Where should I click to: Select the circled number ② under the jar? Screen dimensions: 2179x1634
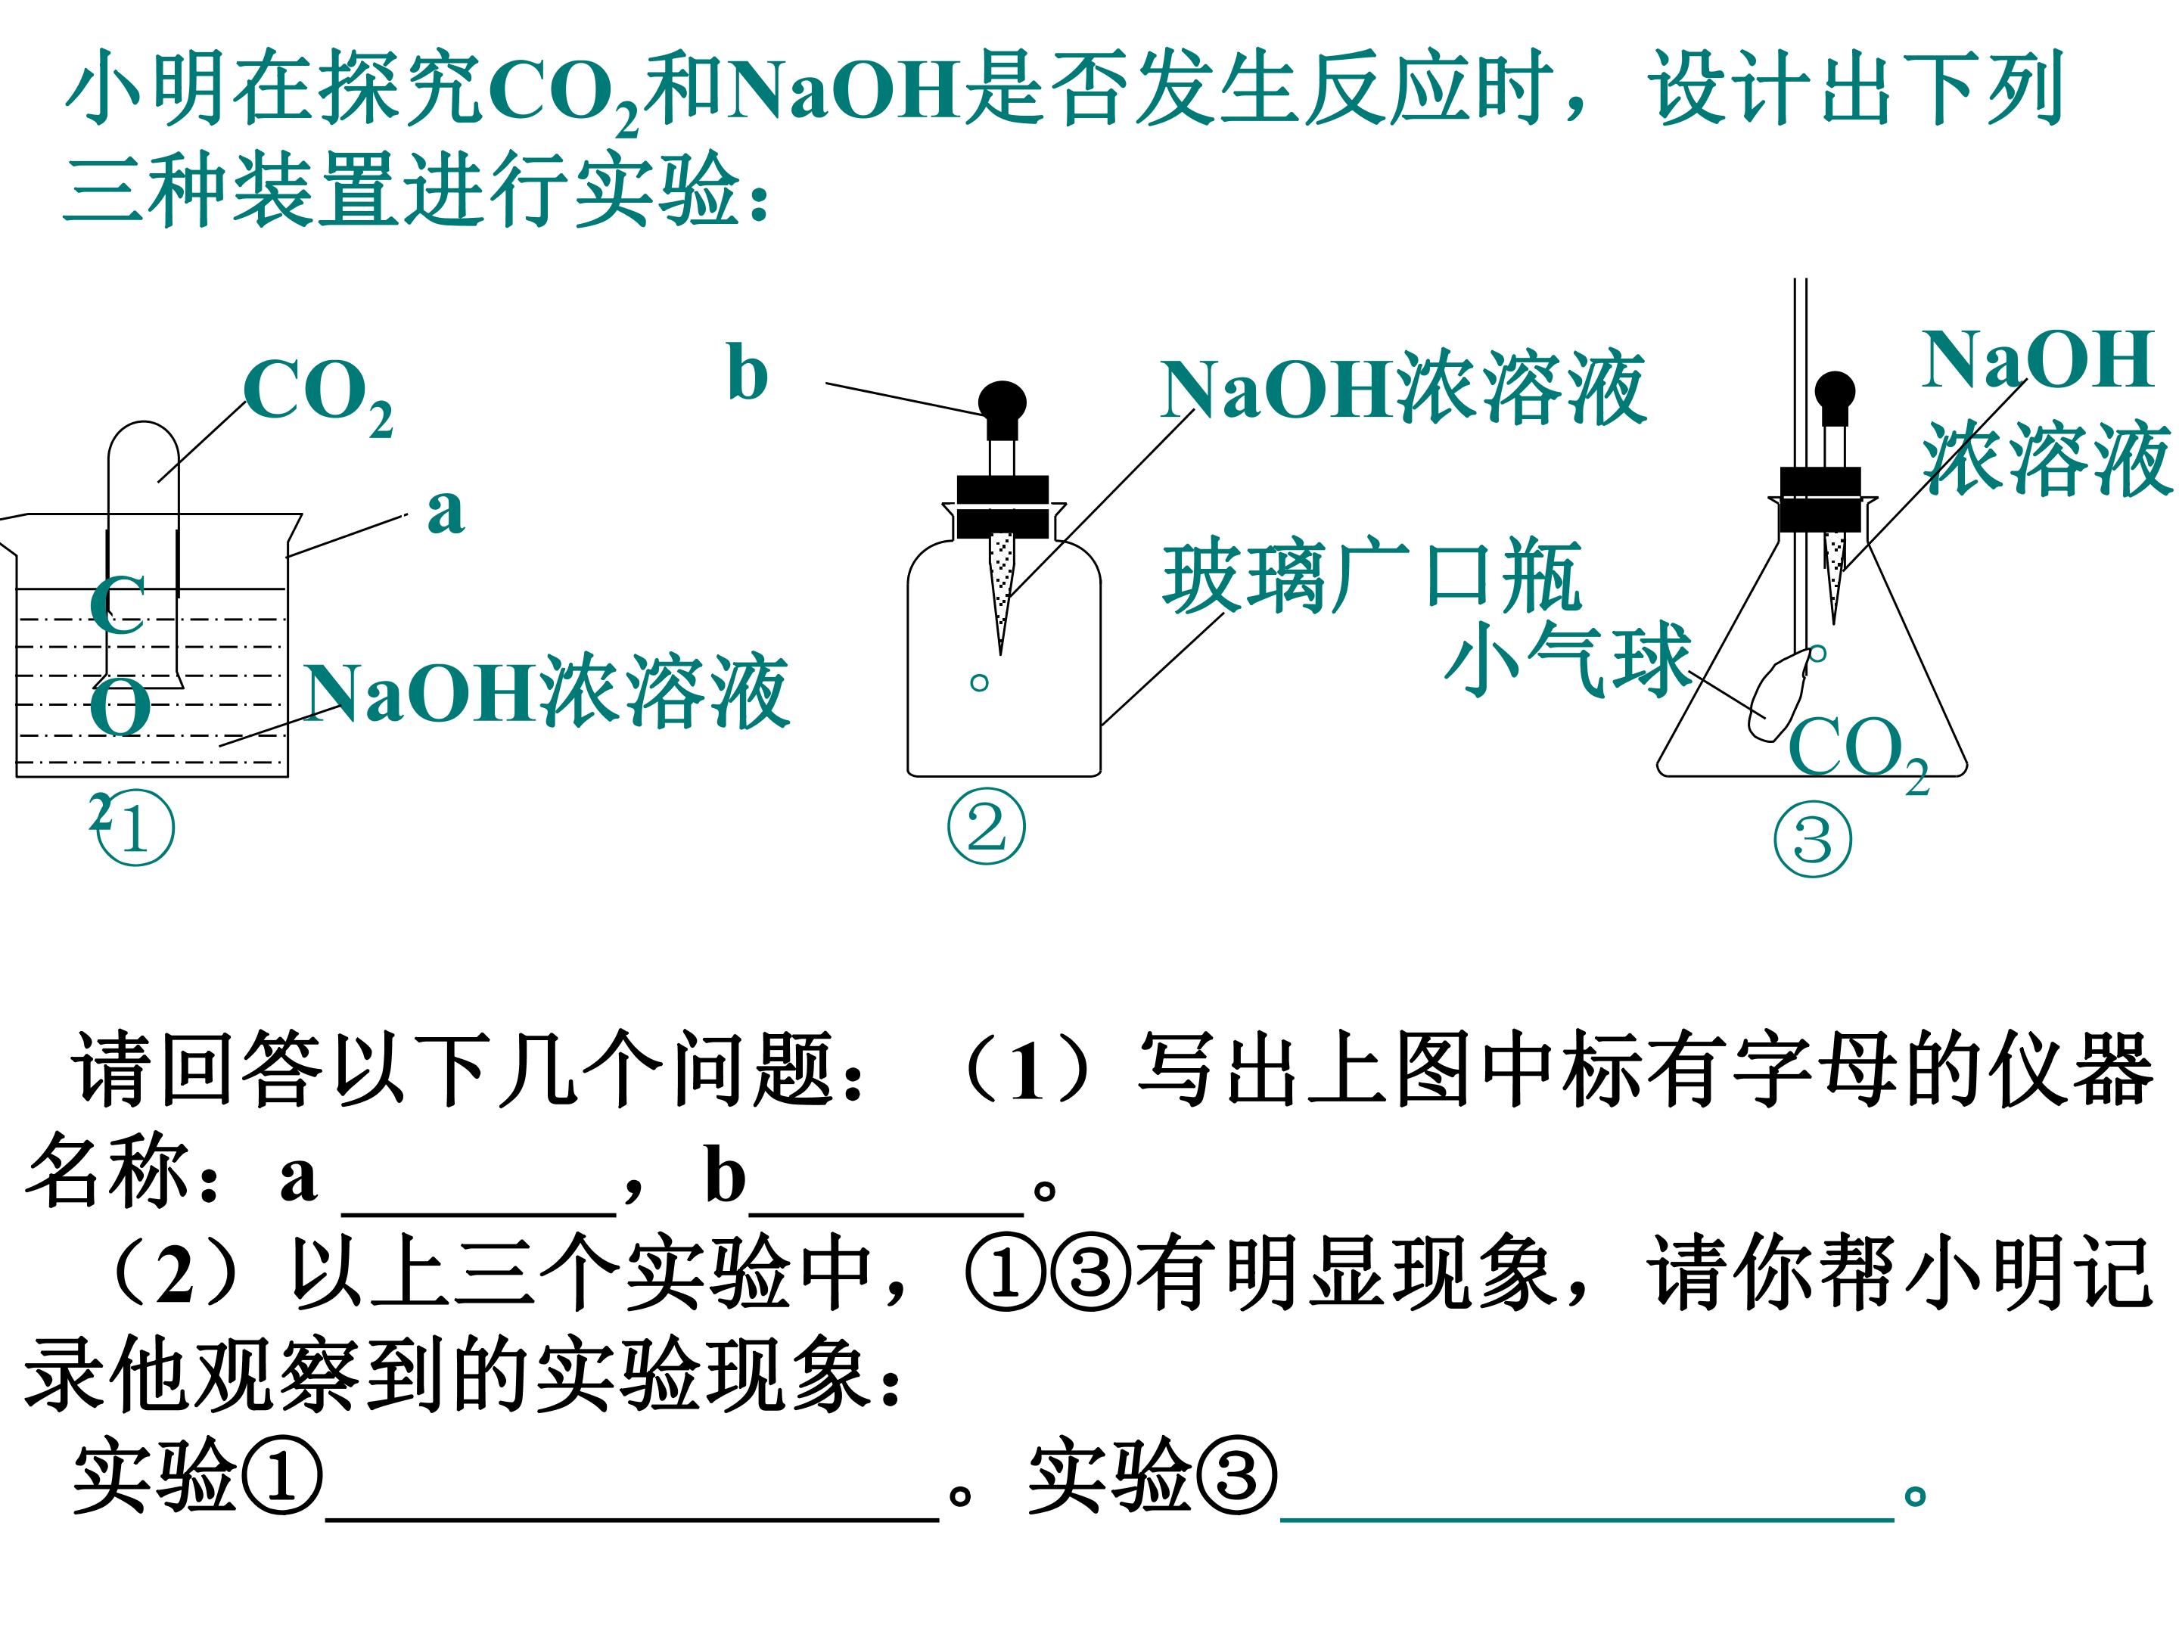[986, 828]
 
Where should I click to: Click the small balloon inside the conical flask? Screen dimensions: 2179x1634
[1776, 697]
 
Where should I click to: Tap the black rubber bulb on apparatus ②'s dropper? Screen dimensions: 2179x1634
[1002, 408]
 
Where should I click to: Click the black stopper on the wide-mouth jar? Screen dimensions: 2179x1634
[1002, 506]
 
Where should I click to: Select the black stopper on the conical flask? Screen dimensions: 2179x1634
[1820, 499]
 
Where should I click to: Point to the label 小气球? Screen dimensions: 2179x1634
[1568, 660]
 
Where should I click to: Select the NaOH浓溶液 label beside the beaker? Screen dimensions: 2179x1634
[547, 691]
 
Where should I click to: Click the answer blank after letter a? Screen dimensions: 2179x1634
[479, 1214]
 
